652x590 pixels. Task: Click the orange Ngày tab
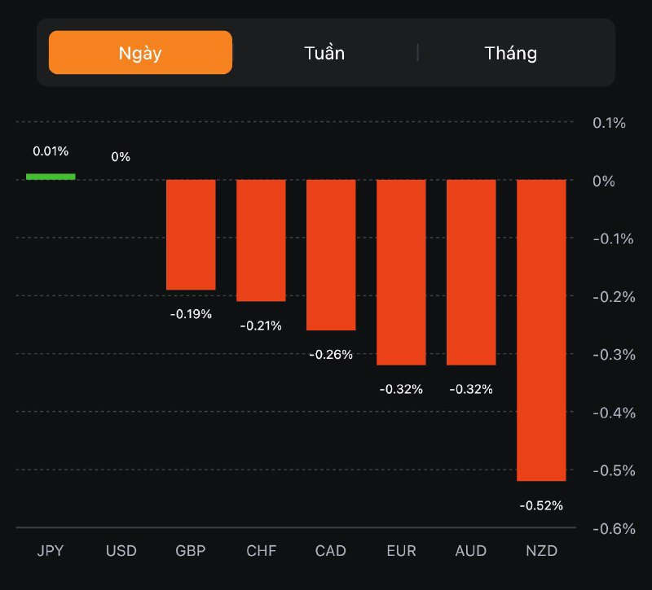[140, 53]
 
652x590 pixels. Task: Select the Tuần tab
[324, 53]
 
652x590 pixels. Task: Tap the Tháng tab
[511, 53]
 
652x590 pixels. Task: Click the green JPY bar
[51, 176]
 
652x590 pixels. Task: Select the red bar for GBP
[191, 234]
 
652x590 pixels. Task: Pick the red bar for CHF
[261, 240]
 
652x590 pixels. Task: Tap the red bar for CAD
[331, 255]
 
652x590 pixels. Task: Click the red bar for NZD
[541, 330]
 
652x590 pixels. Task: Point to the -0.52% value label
[541, 505]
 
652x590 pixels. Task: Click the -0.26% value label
[331, 354]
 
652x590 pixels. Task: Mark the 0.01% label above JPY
[51, 151]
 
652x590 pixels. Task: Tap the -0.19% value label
[191, 313]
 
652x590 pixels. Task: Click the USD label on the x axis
[121, 551]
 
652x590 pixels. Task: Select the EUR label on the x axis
[401, 551]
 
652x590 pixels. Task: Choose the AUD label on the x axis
[471, 551]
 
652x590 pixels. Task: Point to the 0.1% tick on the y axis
[609, 123]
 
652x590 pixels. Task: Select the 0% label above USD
[121, 156]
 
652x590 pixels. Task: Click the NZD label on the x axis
[541, 551]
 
